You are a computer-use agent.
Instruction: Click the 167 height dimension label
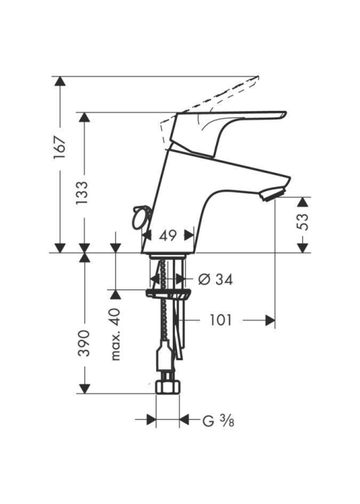coord(60,147)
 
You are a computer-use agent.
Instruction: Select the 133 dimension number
coord(82,193)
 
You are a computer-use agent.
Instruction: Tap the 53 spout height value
coord(302,222)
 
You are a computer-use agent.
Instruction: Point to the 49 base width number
coord(168,235)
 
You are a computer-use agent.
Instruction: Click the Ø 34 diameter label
coord(215,279)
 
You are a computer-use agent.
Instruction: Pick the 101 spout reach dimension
coord(220,320)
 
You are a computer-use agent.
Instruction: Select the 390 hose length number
coord(84,343)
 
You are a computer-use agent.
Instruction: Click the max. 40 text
coord(115,334)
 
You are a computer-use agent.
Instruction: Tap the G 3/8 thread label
coord(218,420)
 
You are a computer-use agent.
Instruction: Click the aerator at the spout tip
coord(273,194)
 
